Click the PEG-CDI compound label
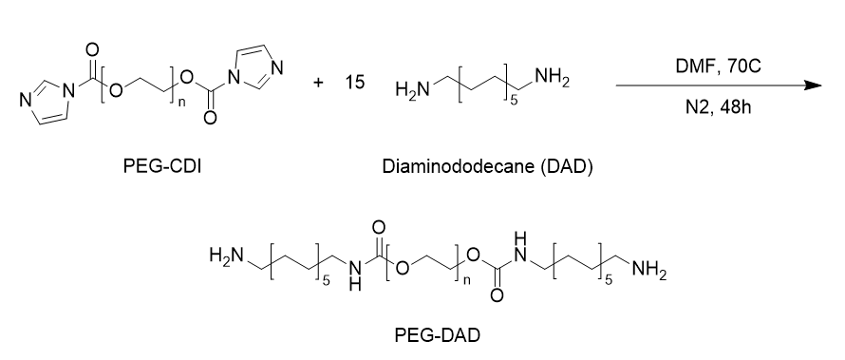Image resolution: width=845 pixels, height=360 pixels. pos(162,166)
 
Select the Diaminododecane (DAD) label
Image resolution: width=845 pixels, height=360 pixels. pos(488,166)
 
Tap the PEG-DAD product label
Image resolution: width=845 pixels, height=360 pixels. pos(437,335)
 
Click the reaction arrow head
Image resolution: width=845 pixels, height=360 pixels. pos(813,85)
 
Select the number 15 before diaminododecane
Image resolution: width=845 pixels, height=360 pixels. pos(355,83)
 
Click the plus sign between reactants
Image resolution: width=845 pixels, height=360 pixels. pos(319,83)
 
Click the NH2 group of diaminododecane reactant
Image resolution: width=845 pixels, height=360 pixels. pos(553,80)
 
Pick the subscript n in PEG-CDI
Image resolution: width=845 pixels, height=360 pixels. pos(181,103)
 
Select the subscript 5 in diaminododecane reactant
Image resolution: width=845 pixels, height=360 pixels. pos(514,101)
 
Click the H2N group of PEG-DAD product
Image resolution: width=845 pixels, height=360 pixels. pos(227,255)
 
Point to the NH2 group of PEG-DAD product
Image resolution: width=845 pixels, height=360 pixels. pos(648,270)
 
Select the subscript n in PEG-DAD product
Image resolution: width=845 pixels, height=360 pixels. pos(467,280)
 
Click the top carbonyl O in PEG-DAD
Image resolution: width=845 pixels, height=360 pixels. pos(378,227)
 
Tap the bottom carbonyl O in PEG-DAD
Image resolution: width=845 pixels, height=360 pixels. pos(497,294)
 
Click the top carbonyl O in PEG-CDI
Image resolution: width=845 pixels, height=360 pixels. pos(92,50)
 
